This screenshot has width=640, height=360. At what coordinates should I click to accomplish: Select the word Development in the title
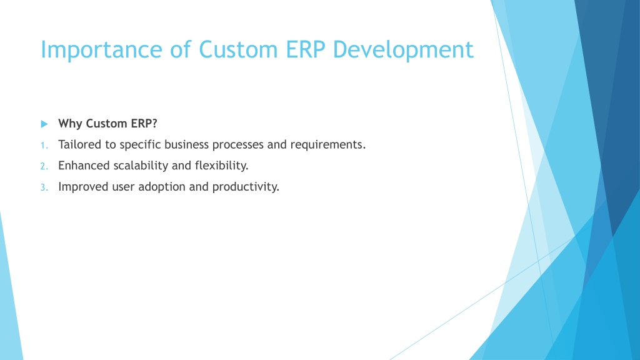(x=403, y=50)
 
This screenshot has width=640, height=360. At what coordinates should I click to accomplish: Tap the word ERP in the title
(x=305, y=49)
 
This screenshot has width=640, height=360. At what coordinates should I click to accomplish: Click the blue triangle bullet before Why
(x=44, y=124)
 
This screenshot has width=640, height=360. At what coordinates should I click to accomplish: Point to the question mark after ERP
(x=154, y=123)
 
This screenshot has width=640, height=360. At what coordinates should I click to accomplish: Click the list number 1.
(x=44, y=145)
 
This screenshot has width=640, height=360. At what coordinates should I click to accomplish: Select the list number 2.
(x=44, y=166)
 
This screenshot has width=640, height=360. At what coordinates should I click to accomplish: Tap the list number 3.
(x=44, y=187)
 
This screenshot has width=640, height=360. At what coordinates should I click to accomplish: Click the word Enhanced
(x=84, y=165)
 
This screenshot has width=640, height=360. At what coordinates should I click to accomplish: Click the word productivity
(x=246, y=187)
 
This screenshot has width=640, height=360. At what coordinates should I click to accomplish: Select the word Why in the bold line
(x=70, y=124)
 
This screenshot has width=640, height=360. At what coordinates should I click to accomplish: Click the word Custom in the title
(x=238, y=49)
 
